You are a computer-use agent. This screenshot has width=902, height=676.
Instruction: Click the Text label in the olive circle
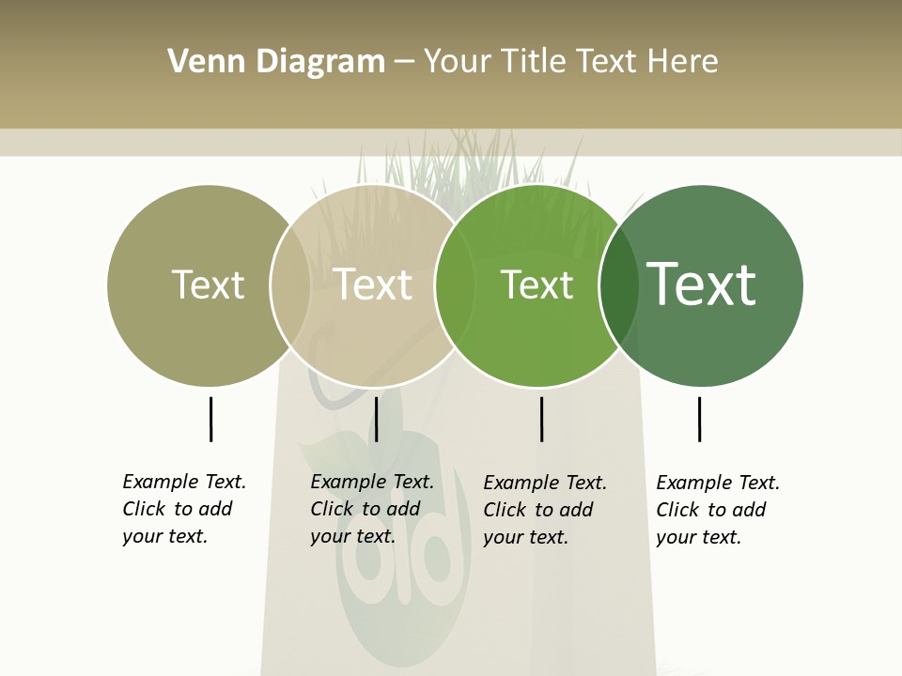click(x=208, y=284)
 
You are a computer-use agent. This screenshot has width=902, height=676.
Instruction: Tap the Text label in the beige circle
click(x=373, y=284)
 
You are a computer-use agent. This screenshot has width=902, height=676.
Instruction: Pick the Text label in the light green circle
click(x=537, y=285)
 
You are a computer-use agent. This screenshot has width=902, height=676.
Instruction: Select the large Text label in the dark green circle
click(x=702, y=284)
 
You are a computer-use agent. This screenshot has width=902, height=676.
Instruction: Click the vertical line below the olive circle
click(x=210, y=419)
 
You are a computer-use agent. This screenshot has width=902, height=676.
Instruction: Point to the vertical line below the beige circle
click(x=376, y=419)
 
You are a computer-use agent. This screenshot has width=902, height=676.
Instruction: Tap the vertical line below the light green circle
click(x=542, y=419)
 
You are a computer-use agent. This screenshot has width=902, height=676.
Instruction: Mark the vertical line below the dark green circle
click(x=699, y=419)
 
